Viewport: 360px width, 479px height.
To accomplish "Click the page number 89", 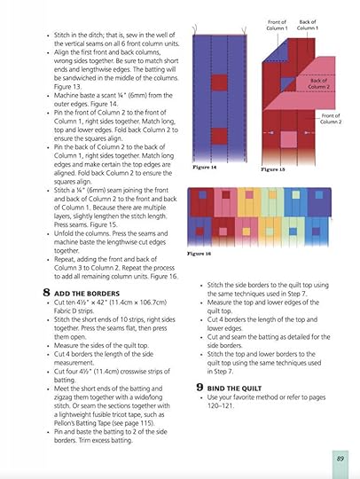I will (340, 459).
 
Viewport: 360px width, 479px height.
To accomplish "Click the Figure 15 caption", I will (273, 169).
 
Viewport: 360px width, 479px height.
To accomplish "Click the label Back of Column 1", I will (308, 25).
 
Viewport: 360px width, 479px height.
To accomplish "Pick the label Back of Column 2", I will (320, 83).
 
